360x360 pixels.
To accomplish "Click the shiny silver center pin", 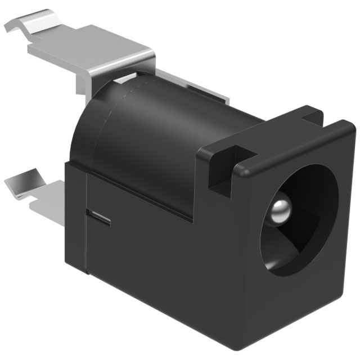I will point(280,209).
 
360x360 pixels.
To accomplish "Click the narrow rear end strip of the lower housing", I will point(76,219).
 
